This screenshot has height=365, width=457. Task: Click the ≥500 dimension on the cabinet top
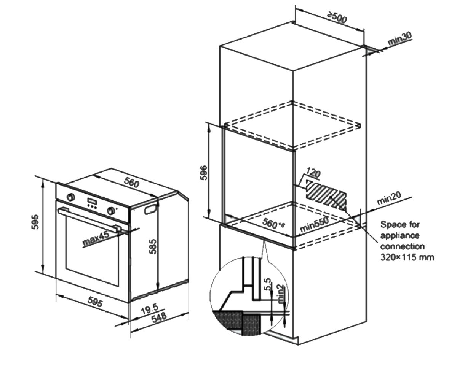(x=337, y=18)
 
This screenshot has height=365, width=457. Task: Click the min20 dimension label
(x=389, y=198)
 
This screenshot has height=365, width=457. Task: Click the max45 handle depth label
(x=96, y=239)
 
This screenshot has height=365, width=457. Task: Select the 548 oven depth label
(x=159, y=318)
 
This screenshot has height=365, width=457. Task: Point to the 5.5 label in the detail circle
(x=268, y=284)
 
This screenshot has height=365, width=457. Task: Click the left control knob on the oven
(x=70, y=197)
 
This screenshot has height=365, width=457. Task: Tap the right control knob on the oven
(x=111, y=211)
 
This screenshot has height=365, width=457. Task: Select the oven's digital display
(x=91, y=200)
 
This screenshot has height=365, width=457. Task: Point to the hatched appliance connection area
(x=326, y=195)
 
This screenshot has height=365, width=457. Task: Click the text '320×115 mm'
(x=407, y=258)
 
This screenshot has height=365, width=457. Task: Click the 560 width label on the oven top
(x=132, y=183)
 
